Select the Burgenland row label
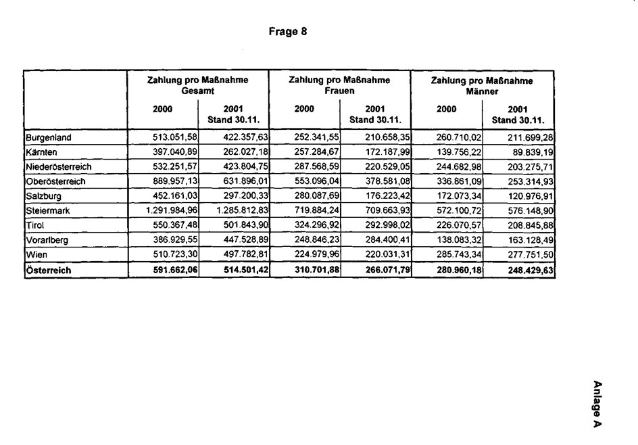coord(49,138)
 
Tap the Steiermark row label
coord(48,211)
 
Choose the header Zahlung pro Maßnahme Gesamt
coord(197,85)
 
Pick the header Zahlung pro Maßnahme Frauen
coord(339,85)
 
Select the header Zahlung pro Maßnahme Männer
coord(481,85)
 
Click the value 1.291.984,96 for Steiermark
coord(171,211)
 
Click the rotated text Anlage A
coord(597,404)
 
